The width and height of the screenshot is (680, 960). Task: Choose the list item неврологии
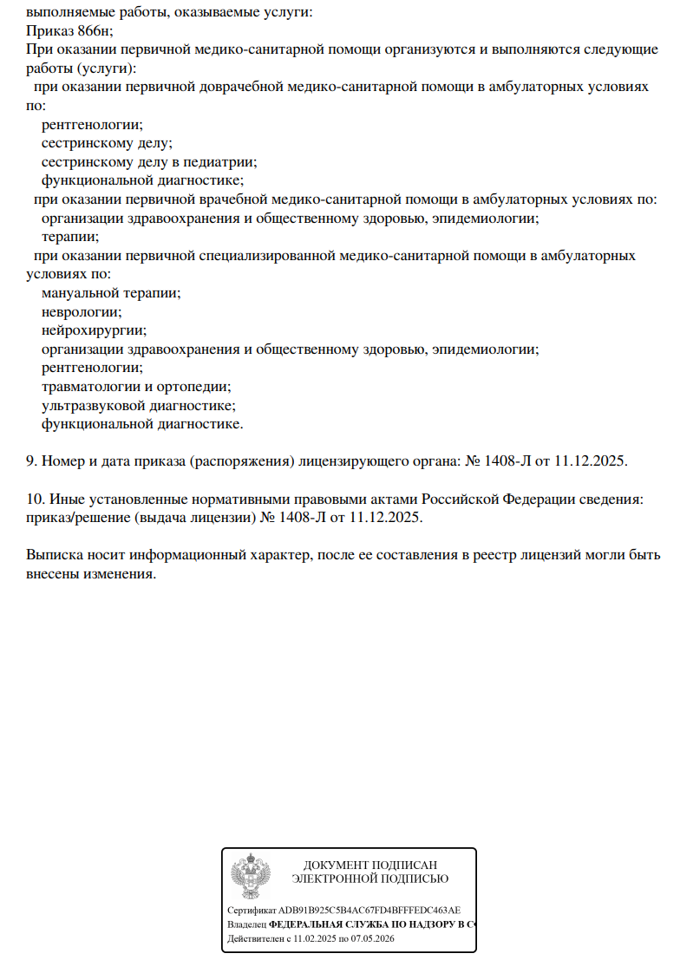point(82,311)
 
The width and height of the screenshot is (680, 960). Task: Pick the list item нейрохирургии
point(94,330)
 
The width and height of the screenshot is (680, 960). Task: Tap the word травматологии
point(90,387)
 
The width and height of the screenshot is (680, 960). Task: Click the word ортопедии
point(200,387)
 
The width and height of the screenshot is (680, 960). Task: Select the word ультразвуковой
point(92,405)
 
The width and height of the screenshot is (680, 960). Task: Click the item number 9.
point(31,460)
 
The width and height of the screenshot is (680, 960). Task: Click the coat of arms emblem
point(252,878)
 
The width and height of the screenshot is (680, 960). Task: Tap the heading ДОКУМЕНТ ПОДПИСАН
point(370,865)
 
